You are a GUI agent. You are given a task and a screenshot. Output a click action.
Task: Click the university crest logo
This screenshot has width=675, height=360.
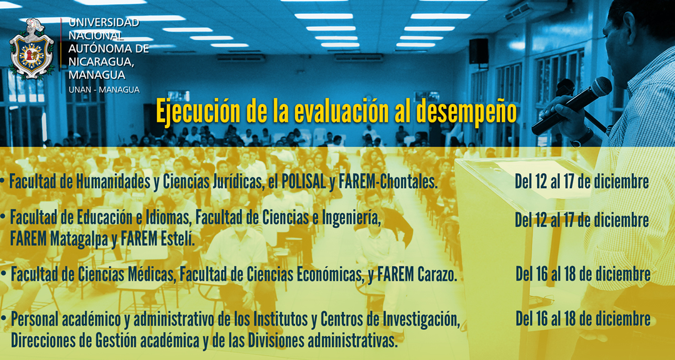32,49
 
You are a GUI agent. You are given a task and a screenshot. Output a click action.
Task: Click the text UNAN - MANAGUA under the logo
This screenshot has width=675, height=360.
104,90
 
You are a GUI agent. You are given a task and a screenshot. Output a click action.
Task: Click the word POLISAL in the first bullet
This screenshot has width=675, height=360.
304,182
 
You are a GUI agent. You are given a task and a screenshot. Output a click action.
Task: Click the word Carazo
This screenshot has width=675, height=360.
436,274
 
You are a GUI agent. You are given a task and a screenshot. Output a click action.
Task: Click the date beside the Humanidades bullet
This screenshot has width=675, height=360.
582,182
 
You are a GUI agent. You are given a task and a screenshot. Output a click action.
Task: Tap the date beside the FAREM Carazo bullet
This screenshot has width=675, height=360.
583,274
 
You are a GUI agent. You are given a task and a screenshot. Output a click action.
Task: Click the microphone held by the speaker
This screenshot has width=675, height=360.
571,106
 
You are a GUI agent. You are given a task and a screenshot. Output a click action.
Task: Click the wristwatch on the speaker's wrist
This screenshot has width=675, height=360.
582,137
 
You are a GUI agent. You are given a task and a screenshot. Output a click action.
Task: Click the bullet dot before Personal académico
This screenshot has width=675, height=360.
4,319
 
